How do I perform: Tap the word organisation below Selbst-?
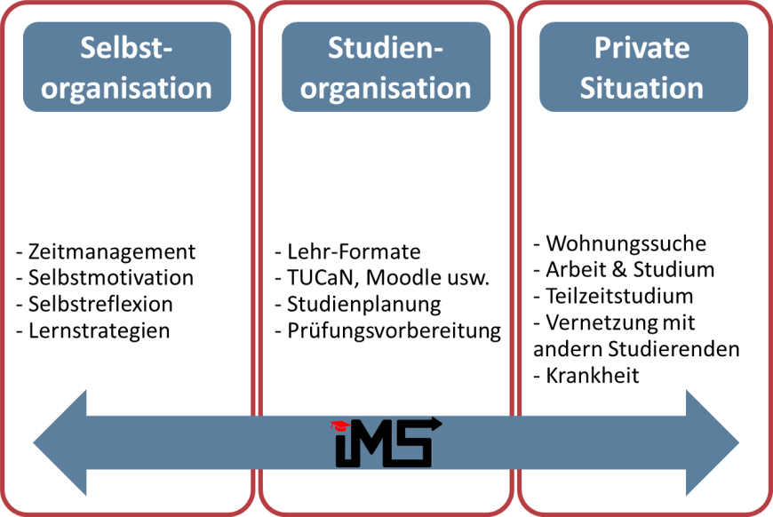126,88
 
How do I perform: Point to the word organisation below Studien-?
386,88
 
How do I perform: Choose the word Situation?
642,88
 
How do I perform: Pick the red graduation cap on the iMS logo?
338,426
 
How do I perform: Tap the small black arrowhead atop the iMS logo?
436,423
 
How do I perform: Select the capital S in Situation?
588,88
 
